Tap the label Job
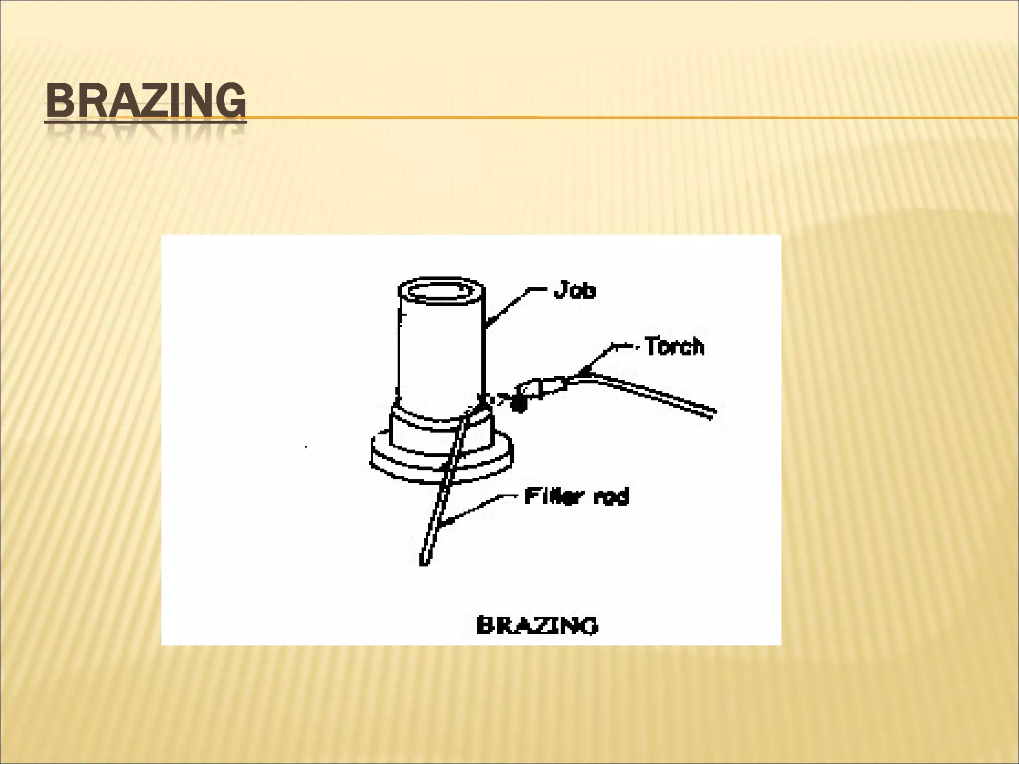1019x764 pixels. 575,289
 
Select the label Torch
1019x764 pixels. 675,346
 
